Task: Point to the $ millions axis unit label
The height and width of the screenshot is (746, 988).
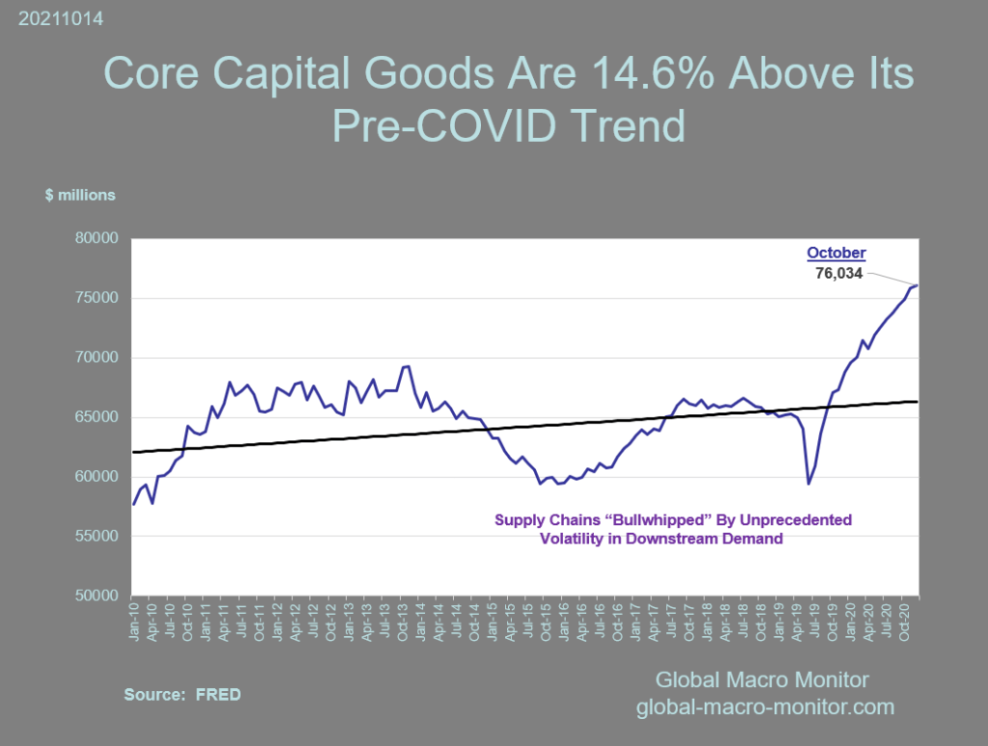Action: [x=80, y=195]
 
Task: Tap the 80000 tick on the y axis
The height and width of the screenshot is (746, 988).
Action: [x=96, y=238]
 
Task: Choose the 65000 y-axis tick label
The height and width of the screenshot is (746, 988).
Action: [x=96, y=418]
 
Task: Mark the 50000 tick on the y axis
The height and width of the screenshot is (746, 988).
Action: [x=96, y=596]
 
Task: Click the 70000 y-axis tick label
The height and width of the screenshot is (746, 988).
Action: [x=96, y=358]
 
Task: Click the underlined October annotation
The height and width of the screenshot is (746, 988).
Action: [x=836, y=254]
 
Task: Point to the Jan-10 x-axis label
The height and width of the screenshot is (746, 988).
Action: [x=133, y=619]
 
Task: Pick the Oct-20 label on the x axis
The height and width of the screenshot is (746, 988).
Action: [x=903, y=619]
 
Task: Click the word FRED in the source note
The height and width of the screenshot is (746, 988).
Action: [x=218, y=694]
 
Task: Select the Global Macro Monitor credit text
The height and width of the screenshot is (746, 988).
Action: [x=762, y=678]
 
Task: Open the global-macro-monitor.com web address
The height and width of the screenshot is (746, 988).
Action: [x=765, y=707]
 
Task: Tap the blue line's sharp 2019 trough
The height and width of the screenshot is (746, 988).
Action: [x=808, y=484]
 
